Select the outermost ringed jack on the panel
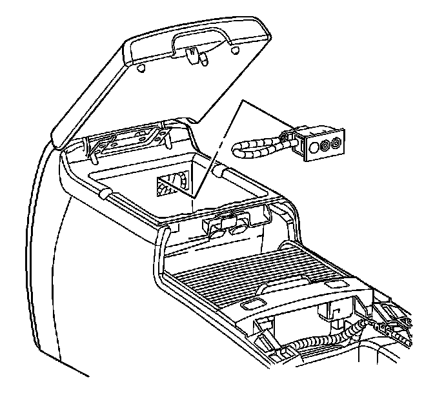point(337,143)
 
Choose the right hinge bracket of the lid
point(157,134)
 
